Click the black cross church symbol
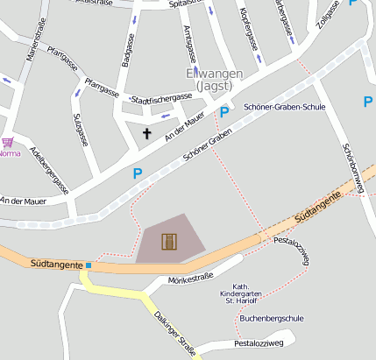(x=146, y=134)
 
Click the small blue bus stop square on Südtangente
(x=89, y=265)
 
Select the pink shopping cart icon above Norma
(x=8, y=142)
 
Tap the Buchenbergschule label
(x=271, y=319)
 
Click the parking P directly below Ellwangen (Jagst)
(x=224, y=111)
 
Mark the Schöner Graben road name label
(x=206, y=144)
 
